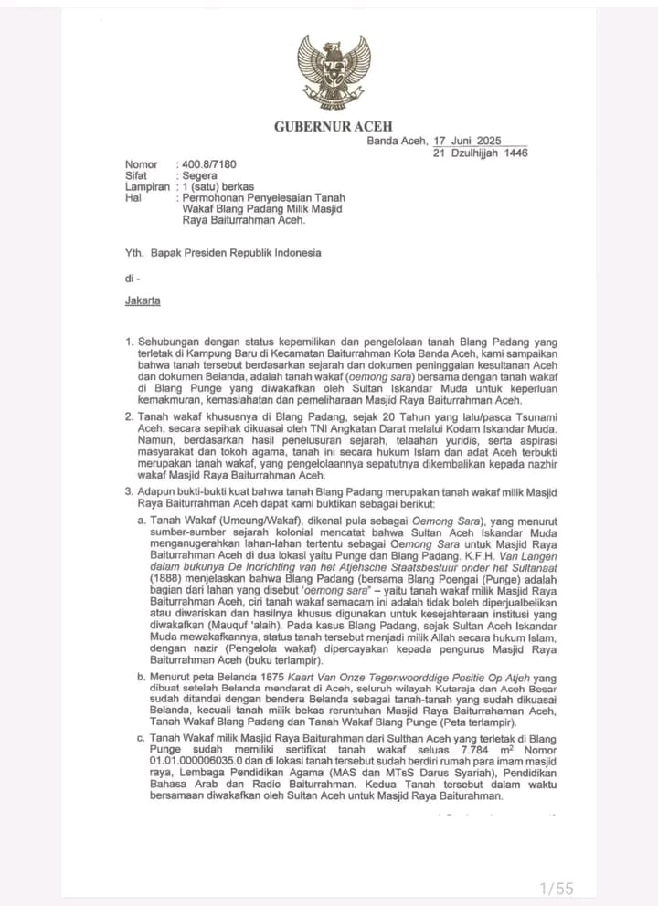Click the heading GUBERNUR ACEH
(x=333, y=126)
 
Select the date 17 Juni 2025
(x=467, y=141)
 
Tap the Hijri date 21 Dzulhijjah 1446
(x=481, y=153)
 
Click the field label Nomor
(x=141, y=164)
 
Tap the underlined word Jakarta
(x=143, y=300)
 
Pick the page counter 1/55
(x=557, y=888)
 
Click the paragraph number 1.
(x=130, y=342)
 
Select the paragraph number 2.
(x=130, y=417)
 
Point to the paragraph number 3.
(x=130, y=493)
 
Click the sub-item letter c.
(x=142, y=737)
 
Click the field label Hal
(x=133, y=197)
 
